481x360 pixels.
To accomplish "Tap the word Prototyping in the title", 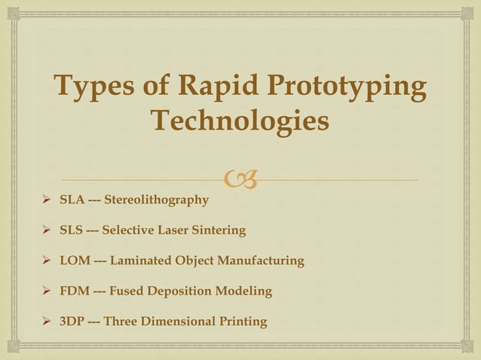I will tap(353, 88).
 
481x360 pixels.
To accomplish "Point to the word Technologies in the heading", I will tap(240, 121).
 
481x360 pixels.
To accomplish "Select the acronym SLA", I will tap(72, 200).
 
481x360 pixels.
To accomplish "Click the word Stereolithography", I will tap(156, 200).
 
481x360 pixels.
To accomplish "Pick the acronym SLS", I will tap(72, 230).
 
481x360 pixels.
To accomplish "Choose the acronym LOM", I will tap(75, 261).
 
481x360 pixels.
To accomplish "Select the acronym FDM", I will tap(75, 291).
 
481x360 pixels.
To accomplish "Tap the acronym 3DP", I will tap(72, 322).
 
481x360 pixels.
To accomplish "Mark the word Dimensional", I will tap(175, 322).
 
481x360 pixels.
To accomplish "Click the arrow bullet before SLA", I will tap(47, 200).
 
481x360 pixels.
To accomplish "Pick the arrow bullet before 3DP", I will tap(47, 322).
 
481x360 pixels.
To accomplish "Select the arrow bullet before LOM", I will tap(47, 261).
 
